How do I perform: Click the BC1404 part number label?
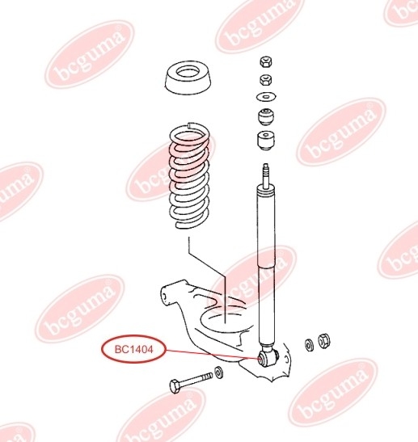[x=133, y=350]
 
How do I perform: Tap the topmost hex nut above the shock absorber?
[x=266, y=61]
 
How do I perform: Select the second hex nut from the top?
[x=266, y=80]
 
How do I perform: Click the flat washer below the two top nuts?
[x=266, y=97]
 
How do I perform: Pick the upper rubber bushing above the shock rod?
[x=266, y=116]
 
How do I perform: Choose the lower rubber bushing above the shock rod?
[x=266, y=141]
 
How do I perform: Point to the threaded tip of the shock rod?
[x=265, y=171]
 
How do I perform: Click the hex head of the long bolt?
[x=175, y=385]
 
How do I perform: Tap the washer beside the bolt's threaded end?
[x=218, y=373]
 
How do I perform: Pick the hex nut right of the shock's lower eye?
[x=324, y=341]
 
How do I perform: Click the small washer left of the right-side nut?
[x=309, y=345]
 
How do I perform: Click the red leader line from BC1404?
[x=212, y=354]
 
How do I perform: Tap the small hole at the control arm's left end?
[x=165, y=297]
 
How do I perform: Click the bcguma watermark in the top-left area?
[x=90, y=55]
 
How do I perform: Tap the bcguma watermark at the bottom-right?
[x=333, y=392]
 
